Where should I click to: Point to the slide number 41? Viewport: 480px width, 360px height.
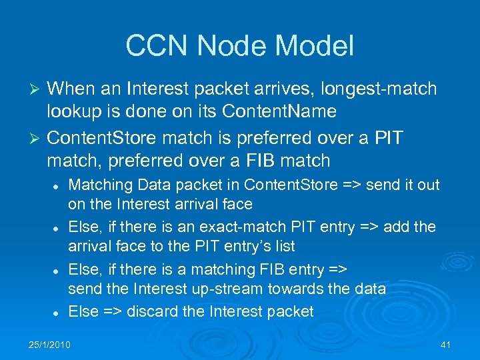(446, 344)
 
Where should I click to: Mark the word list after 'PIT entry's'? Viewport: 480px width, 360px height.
(284, 246)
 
